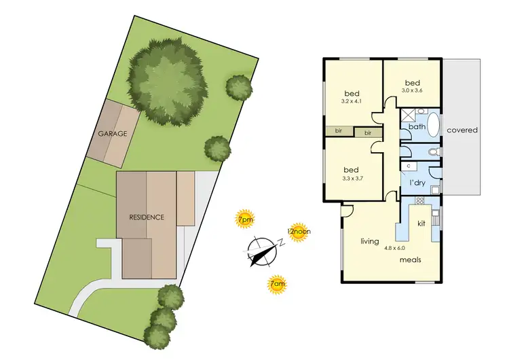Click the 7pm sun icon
point(244,219)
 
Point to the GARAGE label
point(112,134)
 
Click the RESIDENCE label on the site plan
point(147,217)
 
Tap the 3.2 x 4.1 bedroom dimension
point(351,102)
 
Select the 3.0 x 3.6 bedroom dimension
point(412,90)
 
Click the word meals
point(412,260)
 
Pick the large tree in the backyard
point(166,79)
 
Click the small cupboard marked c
point(409,166)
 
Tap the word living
point(369,241)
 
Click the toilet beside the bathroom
point(434,151)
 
